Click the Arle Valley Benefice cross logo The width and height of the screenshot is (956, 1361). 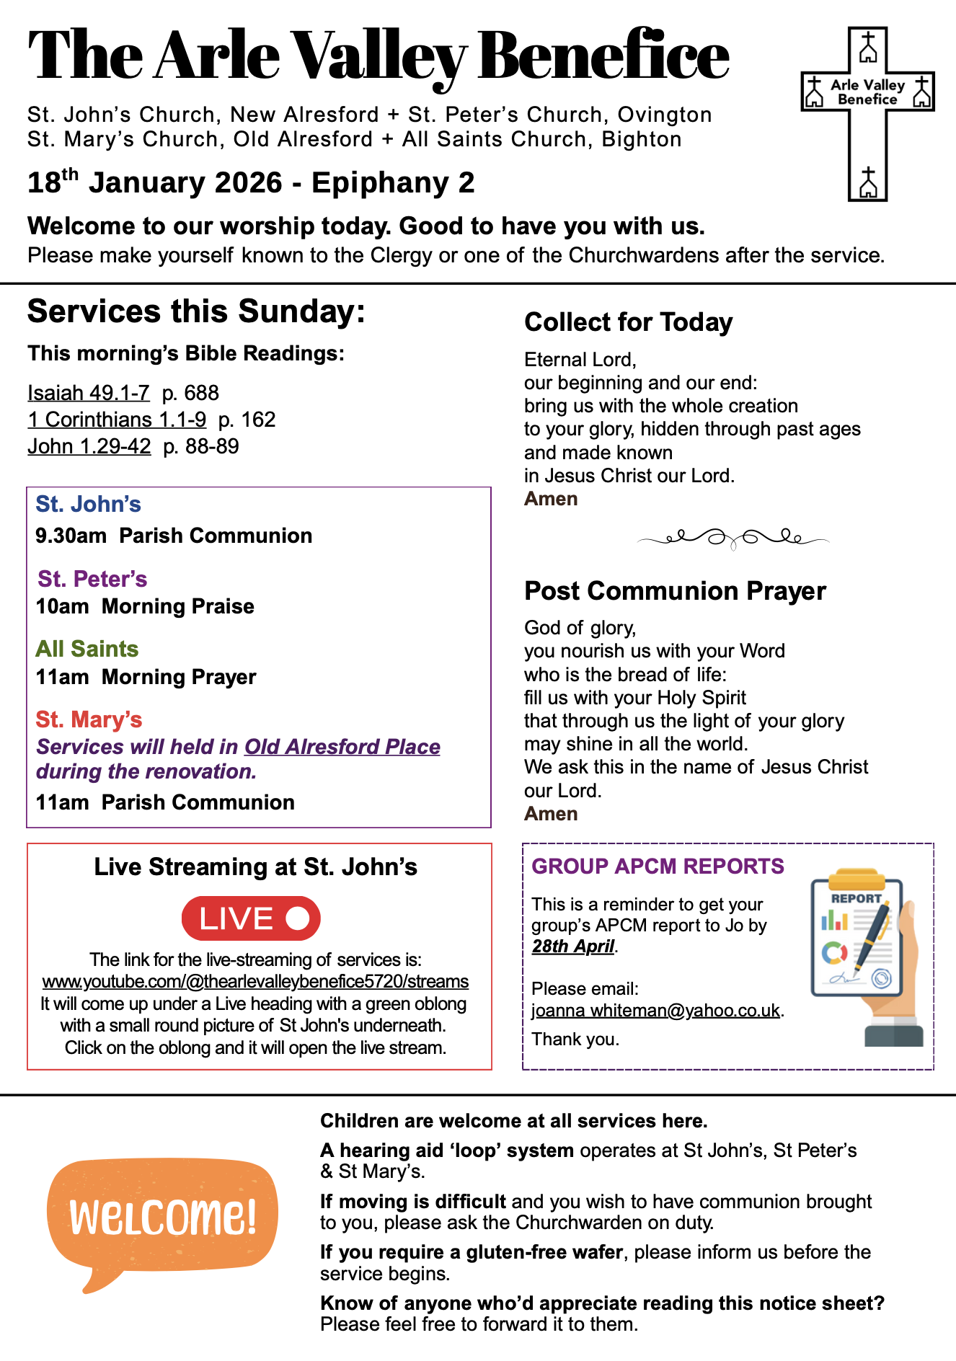tap(867, 113)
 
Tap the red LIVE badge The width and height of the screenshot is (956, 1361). tap(250, 918)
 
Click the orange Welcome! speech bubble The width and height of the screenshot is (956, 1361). tap(162, 1217)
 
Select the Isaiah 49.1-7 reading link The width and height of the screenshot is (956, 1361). tap(89, 393)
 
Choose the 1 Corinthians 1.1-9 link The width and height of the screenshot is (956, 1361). tap(117, 420)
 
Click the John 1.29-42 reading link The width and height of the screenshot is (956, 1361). tap(89, 446)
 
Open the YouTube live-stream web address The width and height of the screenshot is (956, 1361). tap(255, 981)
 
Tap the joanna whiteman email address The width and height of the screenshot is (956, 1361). tap(655, 1010)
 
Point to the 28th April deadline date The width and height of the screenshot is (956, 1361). tap(573, 946)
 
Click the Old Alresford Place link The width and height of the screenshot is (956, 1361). tap(342, 747)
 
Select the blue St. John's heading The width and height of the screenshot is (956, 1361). tap(88, 504)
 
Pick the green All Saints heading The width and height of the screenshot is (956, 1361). tap(87, 649)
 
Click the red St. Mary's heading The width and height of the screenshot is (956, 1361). tap(89, 719)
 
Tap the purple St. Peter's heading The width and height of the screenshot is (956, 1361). tap(92, 579)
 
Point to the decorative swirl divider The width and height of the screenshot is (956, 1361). tap(733, 538)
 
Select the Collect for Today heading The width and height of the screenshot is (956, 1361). tap(628, 322)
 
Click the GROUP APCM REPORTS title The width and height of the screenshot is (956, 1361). tap(658, 866)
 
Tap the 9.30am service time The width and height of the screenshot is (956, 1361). tap(71, 536)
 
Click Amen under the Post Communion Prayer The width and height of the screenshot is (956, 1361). tap(551, 814)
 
